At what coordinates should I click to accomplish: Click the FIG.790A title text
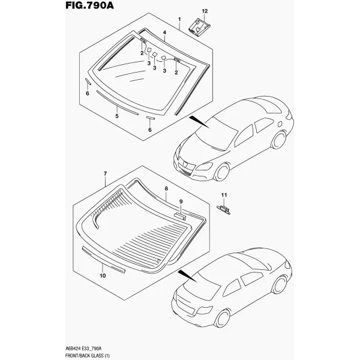tap(89, 5)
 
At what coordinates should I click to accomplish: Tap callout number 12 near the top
tap(205, 11)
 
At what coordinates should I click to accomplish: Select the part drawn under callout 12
tap(199, 28)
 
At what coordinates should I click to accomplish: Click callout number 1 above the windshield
tap(179, 19)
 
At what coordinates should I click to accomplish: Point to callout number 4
tap(164, 32)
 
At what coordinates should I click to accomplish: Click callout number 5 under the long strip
tap(117, 116)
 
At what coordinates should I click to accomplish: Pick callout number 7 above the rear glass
tap(105, 174)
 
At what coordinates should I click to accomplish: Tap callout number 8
tap(166, 189)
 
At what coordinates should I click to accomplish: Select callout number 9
tap(181, 202)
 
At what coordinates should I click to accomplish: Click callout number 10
tap(103, 275)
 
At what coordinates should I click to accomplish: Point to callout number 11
tap(224, 195)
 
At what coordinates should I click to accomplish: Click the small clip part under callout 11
tap(223, 209)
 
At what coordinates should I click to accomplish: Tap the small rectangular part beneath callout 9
tap(181, 216)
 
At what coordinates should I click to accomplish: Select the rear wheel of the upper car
tap(279, 140)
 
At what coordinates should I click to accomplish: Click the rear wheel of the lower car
tap(280, 284)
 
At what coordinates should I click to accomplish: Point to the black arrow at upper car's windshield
tap(199, 122)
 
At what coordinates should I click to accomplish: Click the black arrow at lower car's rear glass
tap(187, 276)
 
